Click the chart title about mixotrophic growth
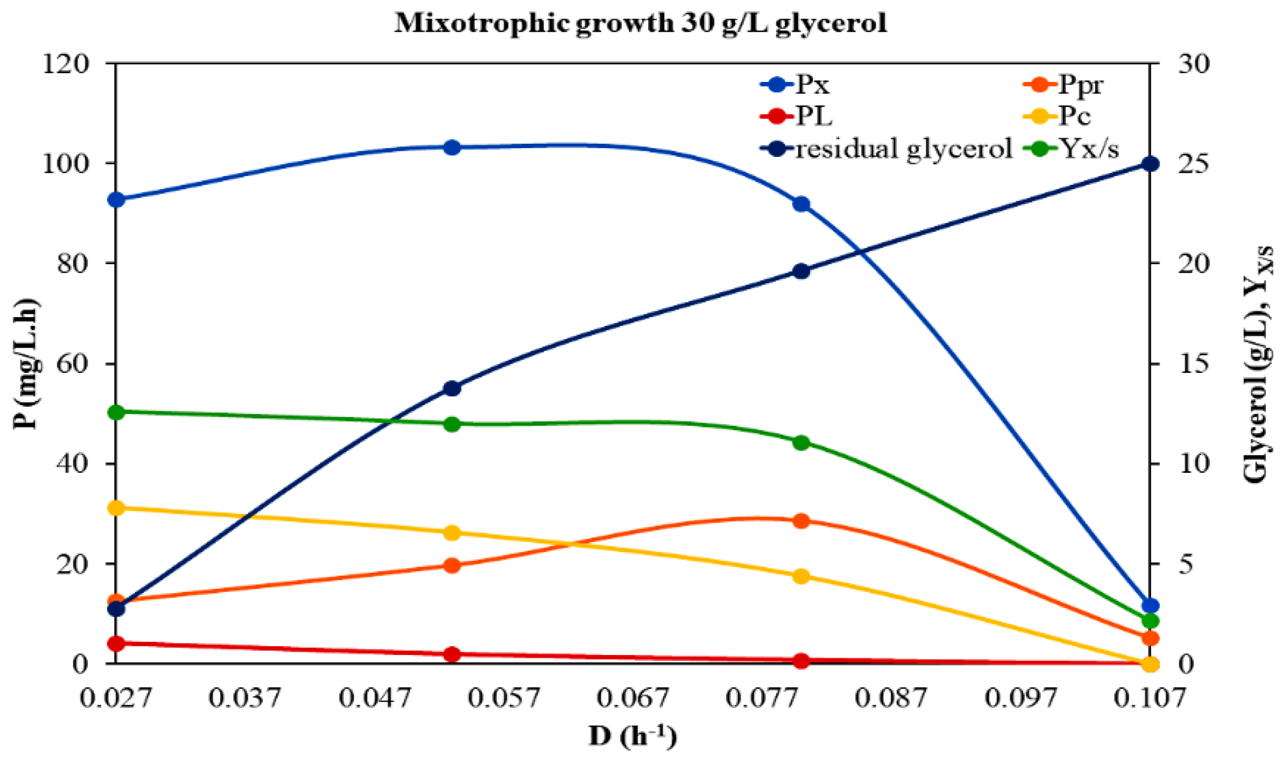(x=640, y=24)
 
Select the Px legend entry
(x=796, y=85)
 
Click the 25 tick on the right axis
(x=1194, y=164)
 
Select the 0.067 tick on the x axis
(x=632, y=698)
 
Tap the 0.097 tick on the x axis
(x=1020, y=698)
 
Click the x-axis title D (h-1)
(x=632, y=736)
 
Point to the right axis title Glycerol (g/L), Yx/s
(x=1257, y=364)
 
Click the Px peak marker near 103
(x=452, y=147)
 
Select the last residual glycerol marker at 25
(x=1150, y=164)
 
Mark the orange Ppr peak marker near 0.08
(x=801, y=520)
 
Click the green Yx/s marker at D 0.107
(x=1150, y=620)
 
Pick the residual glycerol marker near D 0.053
(x=452, y=388)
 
